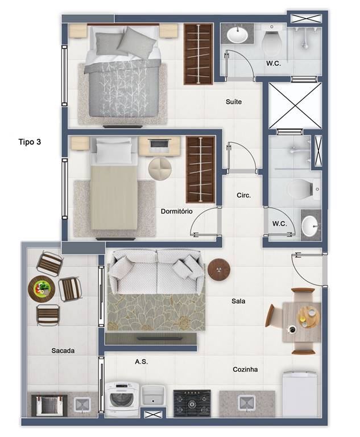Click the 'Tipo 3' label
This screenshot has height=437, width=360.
pyautogui.click(x=30, y=142)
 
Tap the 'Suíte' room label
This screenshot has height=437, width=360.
pyautogui.click(x=234, y=102)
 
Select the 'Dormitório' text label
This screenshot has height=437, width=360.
pyautogui.click(x=177, y=211)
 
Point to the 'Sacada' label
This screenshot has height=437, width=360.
pyautogui.click(x=63, y=351)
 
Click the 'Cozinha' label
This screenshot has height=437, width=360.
pyautogui.click(x=245, y=369)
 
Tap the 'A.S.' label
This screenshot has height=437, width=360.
pyautogui.click(x=141, y=362)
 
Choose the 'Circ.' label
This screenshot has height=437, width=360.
pyautogui.click(x=244, y=195)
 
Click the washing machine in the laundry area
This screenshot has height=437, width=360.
pyautogui.click(x=122, y=399)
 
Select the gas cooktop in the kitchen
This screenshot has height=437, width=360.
pyautogui.click(x=192, y=403)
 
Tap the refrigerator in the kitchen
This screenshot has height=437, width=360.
pyautogui.click(x=300, y=394)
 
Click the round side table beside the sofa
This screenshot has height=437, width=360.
pyautogui.click(x=219, y=270)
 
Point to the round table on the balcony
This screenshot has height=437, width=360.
pyautogui.click(x=42, y=288)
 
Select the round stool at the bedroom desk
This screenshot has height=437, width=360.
pyautogui.click(x=160, y=169)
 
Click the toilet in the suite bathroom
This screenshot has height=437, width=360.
pyautogui.click(x=271, y=40)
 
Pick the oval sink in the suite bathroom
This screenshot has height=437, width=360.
pyautogui.click(x=237, y=35)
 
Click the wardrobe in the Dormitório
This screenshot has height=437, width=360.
pyautogui.click(x=200, y=170)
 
